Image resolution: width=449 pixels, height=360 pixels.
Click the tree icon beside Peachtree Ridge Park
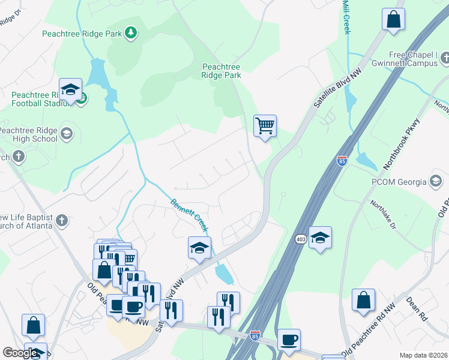point(130,33)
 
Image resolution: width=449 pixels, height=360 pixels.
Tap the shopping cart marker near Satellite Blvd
point(265,127)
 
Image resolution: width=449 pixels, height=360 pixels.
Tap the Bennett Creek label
point(190,215)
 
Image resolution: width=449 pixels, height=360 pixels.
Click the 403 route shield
point(301,239)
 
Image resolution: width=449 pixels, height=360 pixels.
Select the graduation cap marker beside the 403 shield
point(320,238)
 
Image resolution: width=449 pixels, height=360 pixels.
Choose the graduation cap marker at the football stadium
point(71,91)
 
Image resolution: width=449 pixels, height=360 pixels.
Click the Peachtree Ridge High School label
point(29,134)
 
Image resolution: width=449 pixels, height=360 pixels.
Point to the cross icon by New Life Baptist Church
point(62,221)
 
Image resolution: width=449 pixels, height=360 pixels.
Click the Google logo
point(20,353)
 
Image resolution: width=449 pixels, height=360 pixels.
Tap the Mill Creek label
point(346,17)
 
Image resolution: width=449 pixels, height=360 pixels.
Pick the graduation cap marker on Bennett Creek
point(199,248)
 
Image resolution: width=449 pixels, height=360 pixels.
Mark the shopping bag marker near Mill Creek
point(393,19)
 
